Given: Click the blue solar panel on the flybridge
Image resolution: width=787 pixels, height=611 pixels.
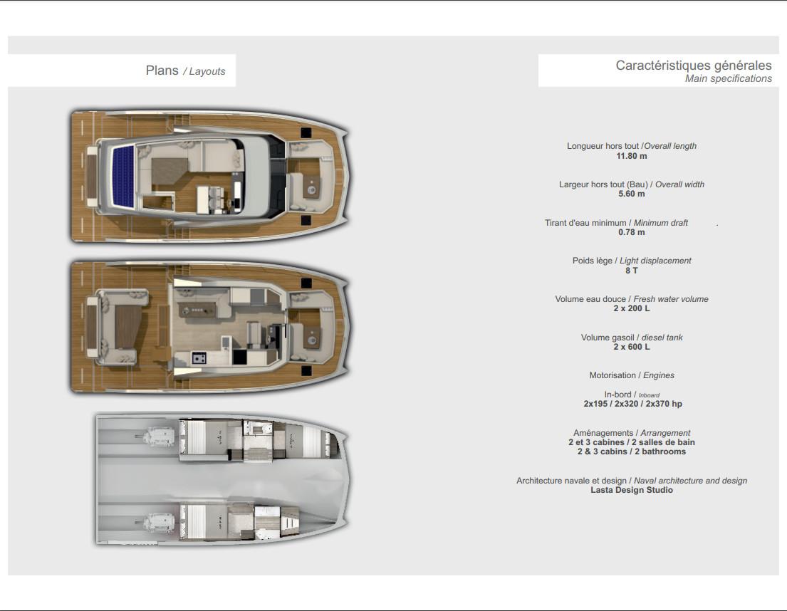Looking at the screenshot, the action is click(x=123, y=176).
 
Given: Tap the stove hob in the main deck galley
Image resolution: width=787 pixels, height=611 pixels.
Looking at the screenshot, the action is click(x=199, y=358).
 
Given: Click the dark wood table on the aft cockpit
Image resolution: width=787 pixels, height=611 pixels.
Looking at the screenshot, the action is click(x=128, y=327).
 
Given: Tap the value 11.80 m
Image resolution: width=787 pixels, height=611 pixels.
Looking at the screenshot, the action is click(x=632, y=156).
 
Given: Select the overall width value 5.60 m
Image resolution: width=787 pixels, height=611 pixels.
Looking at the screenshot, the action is click(x=632, y=194).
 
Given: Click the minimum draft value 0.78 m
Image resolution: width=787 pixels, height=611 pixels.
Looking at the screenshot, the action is click(x=632, y=232).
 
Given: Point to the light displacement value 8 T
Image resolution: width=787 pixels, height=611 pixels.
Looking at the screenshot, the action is click(x=632, y=271).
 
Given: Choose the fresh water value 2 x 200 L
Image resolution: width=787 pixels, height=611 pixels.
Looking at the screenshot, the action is click(x=632, y=308).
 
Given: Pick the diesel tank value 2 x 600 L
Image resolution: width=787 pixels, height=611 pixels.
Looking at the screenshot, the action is click(x=632, y=347).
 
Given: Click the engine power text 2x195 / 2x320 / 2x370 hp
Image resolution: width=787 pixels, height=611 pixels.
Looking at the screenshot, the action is click(x=632, y=404).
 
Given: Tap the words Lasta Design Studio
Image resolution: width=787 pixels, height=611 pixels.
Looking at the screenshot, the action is click(x=632, y=490).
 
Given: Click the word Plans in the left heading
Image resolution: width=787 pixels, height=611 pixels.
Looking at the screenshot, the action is click(x=162, y=70).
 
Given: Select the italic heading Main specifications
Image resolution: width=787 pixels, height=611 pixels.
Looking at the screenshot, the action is click(x=729, y=79).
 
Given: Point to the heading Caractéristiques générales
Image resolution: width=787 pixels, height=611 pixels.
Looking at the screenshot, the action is click(x=694, y=66).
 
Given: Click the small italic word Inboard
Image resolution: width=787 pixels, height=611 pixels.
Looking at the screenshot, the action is click(x=649, y=395).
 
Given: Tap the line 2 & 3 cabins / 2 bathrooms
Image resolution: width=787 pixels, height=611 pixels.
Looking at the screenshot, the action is click(x=632, y=451).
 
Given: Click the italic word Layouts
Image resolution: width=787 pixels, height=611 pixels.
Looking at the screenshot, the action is click(x=207, y=72).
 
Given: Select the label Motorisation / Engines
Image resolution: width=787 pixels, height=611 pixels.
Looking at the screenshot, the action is click(x=632, y=375).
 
